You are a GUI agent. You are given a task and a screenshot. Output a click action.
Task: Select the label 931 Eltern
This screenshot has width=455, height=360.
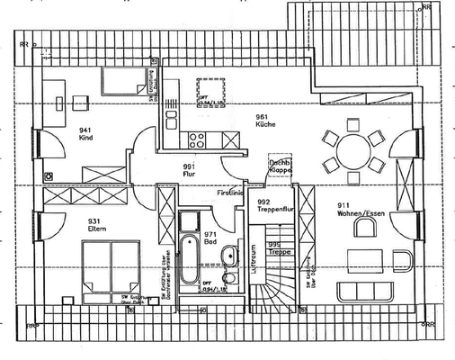click(99, 225)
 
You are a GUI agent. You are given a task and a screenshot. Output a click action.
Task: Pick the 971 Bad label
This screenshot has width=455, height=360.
click(211, 236)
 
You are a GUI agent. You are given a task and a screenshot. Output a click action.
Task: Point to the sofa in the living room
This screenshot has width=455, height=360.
click(368, 291)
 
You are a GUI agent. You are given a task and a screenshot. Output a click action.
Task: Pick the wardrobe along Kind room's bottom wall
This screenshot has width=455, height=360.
click(100, 174)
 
